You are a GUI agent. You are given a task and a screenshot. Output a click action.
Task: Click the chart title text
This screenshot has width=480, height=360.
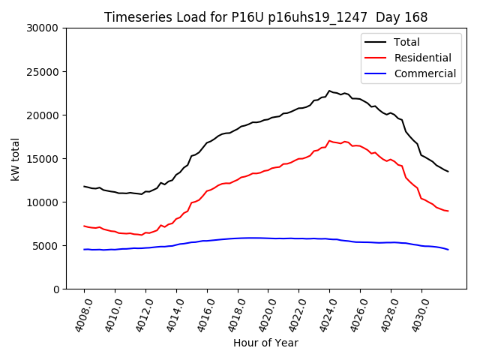(266, 17)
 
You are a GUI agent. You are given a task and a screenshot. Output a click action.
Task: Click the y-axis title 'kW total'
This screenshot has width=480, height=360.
(16, 158)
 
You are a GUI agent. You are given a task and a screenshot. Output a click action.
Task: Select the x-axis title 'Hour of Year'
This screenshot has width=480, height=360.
(265, 343)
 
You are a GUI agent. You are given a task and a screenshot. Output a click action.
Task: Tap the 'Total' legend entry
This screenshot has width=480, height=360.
(406, 42)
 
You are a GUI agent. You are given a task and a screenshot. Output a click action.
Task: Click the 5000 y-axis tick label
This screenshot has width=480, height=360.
(46, 246)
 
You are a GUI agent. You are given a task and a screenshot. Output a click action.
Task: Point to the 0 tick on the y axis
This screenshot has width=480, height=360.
(55, 289)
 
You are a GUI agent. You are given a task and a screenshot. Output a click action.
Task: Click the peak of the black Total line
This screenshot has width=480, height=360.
(329, 91)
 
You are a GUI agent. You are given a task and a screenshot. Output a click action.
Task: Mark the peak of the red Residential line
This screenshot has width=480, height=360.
(329, 140)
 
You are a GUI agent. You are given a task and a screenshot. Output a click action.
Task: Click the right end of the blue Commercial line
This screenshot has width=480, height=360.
(448, 250)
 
